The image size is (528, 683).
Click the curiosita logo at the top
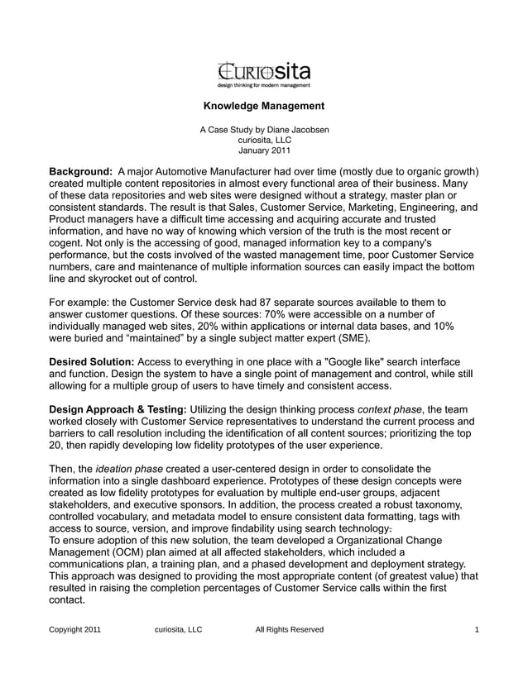(263, 73)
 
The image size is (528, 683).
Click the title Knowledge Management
(263, 106)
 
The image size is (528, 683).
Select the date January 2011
(264, 151)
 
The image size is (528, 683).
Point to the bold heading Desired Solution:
(92, 362)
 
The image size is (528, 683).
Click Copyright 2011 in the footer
(75, 630)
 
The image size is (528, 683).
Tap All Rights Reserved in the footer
(290, 630)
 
